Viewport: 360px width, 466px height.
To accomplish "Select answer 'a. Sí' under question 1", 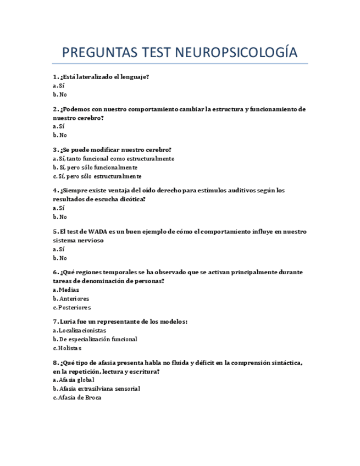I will point(59,86).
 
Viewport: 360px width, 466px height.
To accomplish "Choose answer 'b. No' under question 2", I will point(60,135).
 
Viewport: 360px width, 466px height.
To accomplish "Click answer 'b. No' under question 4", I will point(60,217).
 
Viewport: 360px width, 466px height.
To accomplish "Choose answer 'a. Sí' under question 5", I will point(59,249).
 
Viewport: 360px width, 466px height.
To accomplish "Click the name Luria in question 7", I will point(68,321).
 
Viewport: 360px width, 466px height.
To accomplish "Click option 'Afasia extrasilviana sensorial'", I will point(96,389).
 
